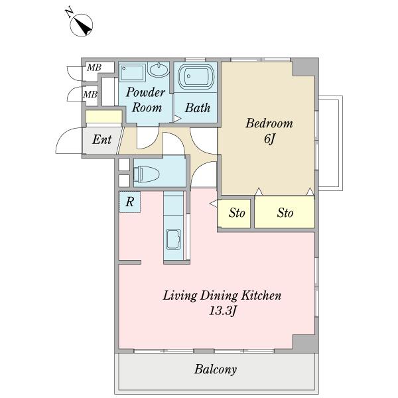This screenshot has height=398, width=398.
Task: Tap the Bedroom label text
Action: [269, 123]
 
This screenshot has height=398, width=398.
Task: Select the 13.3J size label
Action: [223, 310]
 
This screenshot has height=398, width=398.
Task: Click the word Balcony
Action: [216, 369]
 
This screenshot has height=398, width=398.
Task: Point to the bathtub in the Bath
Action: [196, 76]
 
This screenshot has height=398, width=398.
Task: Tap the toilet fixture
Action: [146, 174]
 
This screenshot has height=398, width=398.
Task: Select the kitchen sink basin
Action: [173, 239]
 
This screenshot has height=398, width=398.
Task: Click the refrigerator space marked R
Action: [130, 202]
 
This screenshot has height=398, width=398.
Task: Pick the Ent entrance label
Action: [101, 139]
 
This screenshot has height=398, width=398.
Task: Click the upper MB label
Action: [94, 68]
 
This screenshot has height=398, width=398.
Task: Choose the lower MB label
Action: [90, 95]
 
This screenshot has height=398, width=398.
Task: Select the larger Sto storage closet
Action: [285, 212]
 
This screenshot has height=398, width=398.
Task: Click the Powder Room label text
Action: [146, 99]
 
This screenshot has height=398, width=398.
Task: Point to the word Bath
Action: [198, 107]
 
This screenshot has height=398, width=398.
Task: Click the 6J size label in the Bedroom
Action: [269, 139]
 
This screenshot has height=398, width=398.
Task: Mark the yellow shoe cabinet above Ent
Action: [104, 117]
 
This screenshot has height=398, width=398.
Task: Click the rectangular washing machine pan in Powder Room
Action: [132, 73]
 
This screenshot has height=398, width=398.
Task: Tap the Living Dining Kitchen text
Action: [222, 295]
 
